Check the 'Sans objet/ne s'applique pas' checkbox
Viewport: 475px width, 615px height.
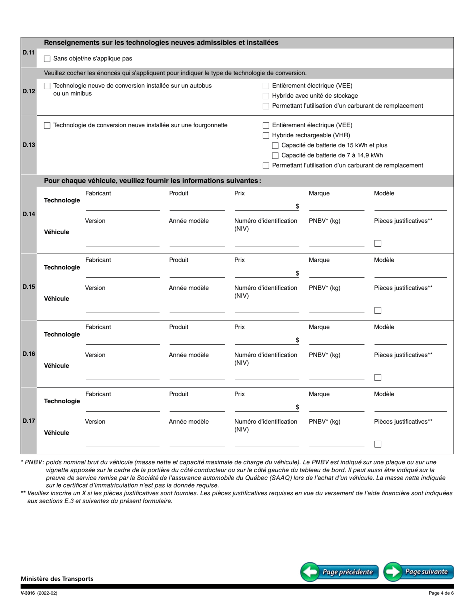click(47, 59)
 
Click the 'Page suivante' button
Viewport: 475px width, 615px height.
click(419, 572)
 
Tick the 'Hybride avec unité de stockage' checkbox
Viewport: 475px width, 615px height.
click(266, 96)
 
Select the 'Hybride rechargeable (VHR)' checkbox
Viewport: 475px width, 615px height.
click(266, 136)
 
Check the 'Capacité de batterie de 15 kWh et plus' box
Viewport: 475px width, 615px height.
click(276, 146)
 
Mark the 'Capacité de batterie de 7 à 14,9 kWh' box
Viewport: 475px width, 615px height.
click(276, 156)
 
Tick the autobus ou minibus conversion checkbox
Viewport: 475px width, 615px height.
click(47, 86)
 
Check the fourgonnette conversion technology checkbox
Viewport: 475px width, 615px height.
click(47, 126)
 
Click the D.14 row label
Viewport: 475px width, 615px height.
click(29, 214)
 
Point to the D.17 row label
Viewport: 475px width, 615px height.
click(29, 421)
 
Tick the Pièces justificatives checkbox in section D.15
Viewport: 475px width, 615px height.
click(378, 310)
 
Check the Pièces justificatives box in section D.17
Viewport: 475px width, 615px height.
click(378, 444)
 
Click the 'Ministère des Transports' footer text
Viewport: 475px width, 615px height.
click(57, 579)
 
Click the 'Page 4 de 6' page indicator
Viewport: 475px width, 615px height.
click(441, 593)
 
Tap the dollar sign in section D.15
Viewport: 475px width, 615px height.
click(297, 273)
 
